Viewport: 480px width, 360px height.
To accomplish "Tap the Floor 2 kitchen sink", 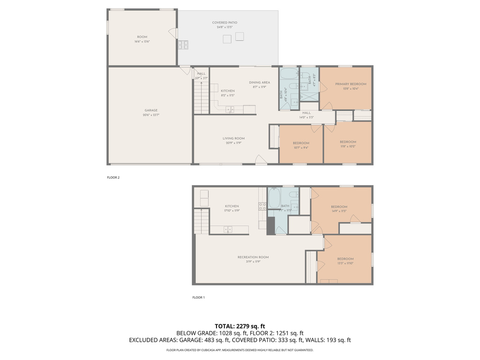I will (x=230, y=110).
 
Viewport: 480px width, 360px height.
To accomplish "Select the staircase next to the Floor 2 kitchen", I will (x=201, y=96).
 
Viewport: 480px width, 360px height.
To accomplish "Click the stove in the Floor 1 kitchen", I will (x=262, y=205).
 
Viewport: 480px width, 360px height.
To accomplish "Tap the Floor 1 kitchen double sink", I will (x=228, y=229).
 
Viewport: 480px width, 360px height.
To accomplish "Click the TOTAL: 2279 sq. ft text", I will (x=240, y=326).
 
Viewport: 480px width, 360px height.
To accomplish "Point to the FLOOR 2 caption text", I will (x=113, y=178).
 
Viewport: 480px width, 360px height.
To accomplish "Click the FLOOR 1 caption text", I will (x=199, y=298).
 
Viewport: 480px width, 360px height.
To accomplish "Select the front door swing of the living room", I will (x=261, y=160).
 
